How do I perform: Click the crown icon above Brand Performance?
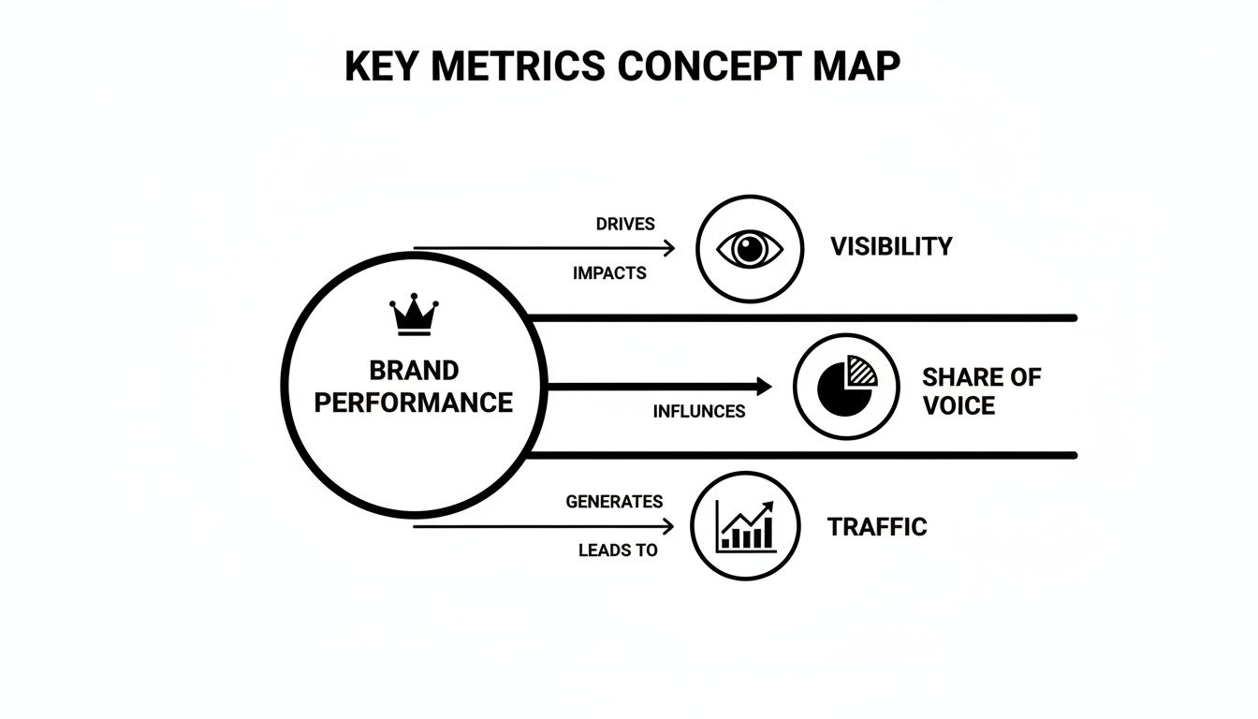pos(414,315)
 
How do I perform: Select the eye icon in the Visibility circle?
pos(749,249)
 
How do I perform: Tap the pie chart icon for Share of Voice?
pos(847,386)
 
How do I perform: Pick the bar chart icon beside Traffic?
pos(746,526)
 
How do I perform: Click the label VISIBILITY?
pos(891,247)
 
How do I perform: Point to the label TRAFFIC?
pos(877,527)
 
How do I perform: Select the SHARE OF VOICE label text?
pos(980,391)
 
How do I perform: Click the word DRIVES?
pos(625,225)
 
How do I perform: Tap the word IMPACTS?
pos(609,273)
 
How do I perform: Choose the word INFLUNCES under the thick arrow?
pos(698,411)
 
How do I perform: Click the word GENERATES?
pos(614,502)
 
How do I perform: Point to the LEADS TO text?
pos(618,550)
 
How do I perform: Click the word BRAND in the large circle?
pos(414,371)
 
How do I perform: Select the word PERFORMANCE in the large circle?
pos(414,403)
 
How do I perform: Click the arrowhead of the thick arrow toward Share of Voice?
pos(763,386)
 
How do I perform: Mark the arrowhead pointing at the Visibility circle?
pos(668,248)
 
